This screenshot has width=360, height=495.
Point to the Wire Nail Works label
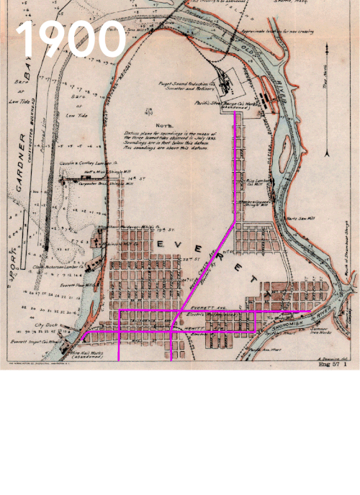86,354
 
